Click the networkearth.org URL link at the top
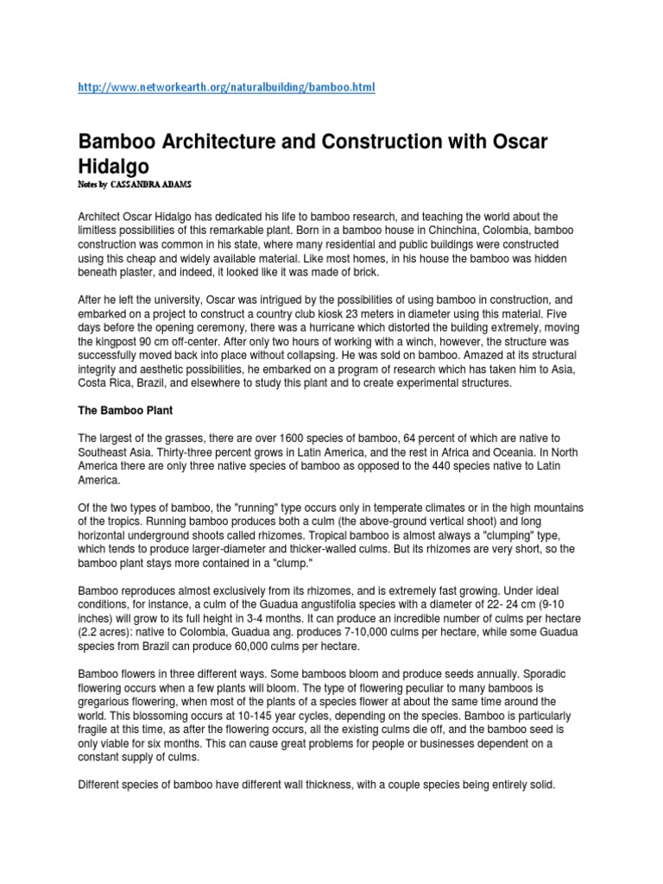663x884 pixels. [227, 88]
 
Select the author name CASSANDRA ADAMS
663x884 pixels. [161, 185]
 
